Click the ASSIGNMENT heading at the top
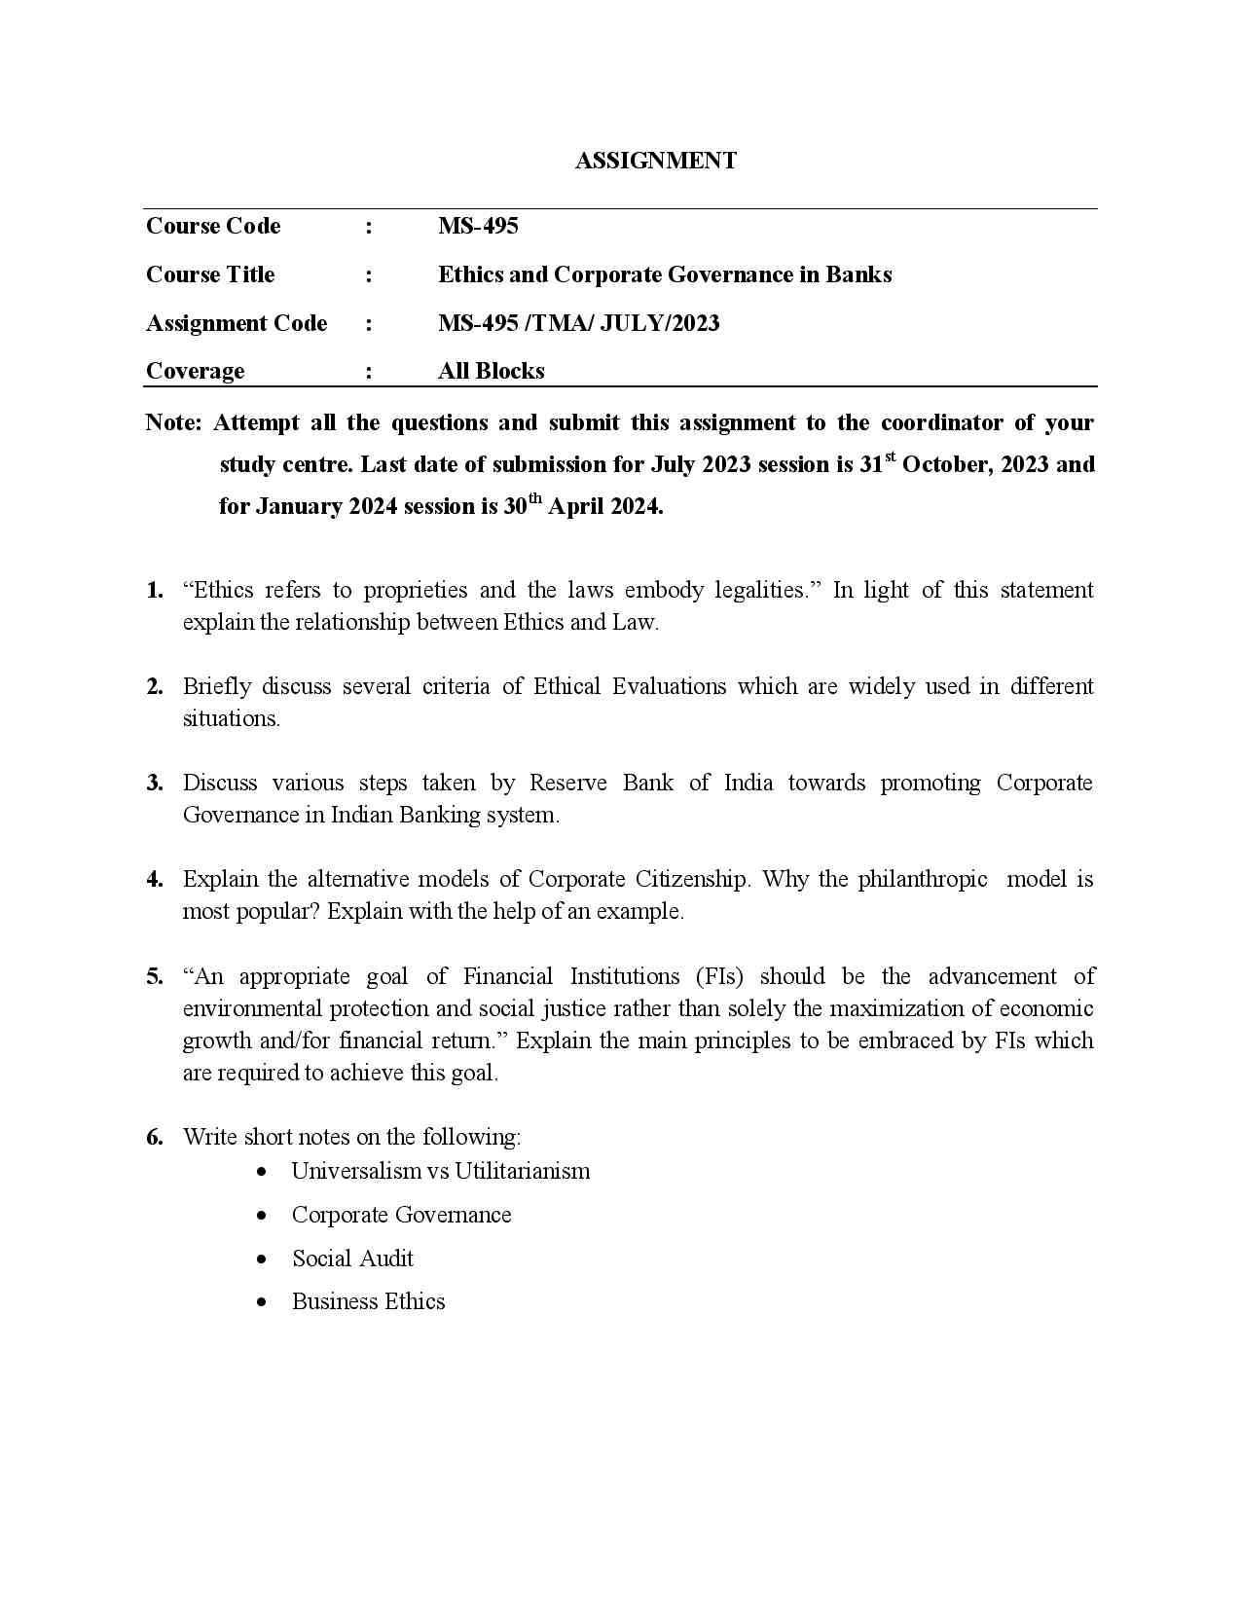(x=655, y=161)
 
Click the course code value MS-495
(x=478, y=226)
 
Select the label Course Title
(x=210, y=274)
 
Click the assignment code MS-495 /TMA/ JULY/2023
(x=578, y=323)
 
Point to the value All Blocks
(x=491, y=371)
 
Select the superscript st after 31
(x=890, y=456)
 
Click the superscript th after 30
(x=534, y=497)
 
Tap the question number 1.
(x=155, y=590)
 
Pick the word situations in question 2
(x=230, y=719)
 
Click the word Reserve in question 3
(x=567, y=783)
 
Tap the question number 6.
(x=155, y=1137)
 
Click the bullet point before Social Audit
(x=262, y=1259)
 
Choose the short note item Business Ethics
(x=368, y=1301)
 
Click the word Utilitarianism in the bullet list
(x=522, y=1171)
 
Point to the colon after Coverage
(x=369, y=372)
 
